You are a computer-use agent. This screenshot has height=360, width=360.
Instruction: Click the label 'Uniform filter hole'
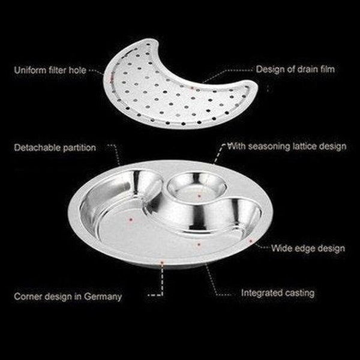click(x=50, y=70)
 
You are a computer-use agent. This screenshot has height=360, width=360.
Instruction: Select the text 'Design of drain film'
click(x=295, y=70)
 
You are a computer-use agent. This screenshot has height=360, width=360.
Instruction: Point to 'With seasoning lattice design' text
click(x=287, y=146)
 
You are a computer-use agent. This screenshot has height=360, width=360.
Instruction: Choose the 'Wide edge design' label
click(x=308, y=247)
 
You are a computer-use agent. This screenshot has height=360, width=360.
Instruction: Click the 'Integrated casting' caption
click(x=278, y=293)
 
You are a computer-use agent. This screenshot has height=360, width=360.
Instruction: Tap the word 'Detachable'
click(x=37, y=146)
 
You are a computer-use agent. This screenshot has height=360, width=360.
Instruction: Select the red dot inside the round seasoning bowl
click(x=197, y=194)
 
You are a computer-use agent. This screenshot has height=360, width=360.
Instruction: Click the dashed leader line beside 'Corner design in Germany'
click(x=157, y=295)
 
